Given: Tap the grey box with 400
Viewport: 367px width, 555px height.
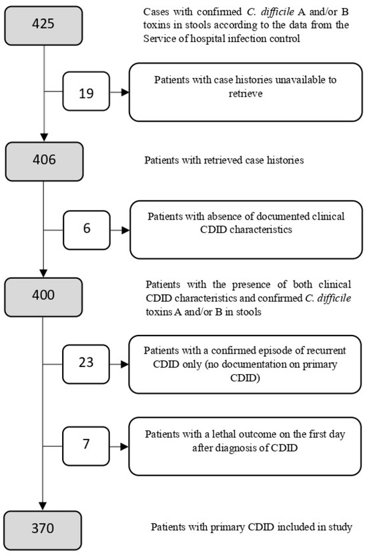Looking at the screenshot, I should point(43,294).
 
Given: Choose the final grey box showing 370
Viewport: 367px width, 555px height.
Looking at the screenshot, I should point(43,528).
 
